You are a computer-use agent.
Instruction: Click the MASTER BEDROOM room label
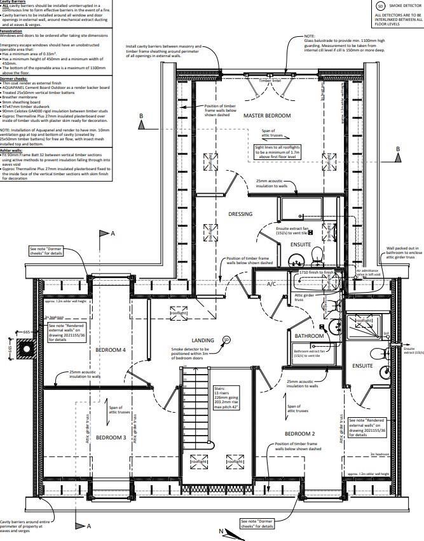[267, 116]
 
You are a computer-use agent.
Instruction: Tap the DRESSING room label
[240, 214]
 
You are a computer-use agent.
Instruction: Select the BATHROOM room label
[309, 335]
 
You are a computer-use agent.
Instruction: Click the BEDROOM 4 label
[111, 350]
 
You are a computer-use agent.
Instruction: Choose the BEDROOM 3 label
[111, 437]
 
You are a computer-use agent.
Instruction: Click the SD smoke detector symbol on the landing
[226, 340]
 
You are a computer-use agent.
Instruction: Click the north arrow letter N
[221, 531]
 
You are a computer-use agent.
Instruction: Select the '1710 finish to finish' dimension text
[316, 272]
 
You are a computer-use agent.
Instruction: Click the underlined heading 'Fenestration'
[11, 30]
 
